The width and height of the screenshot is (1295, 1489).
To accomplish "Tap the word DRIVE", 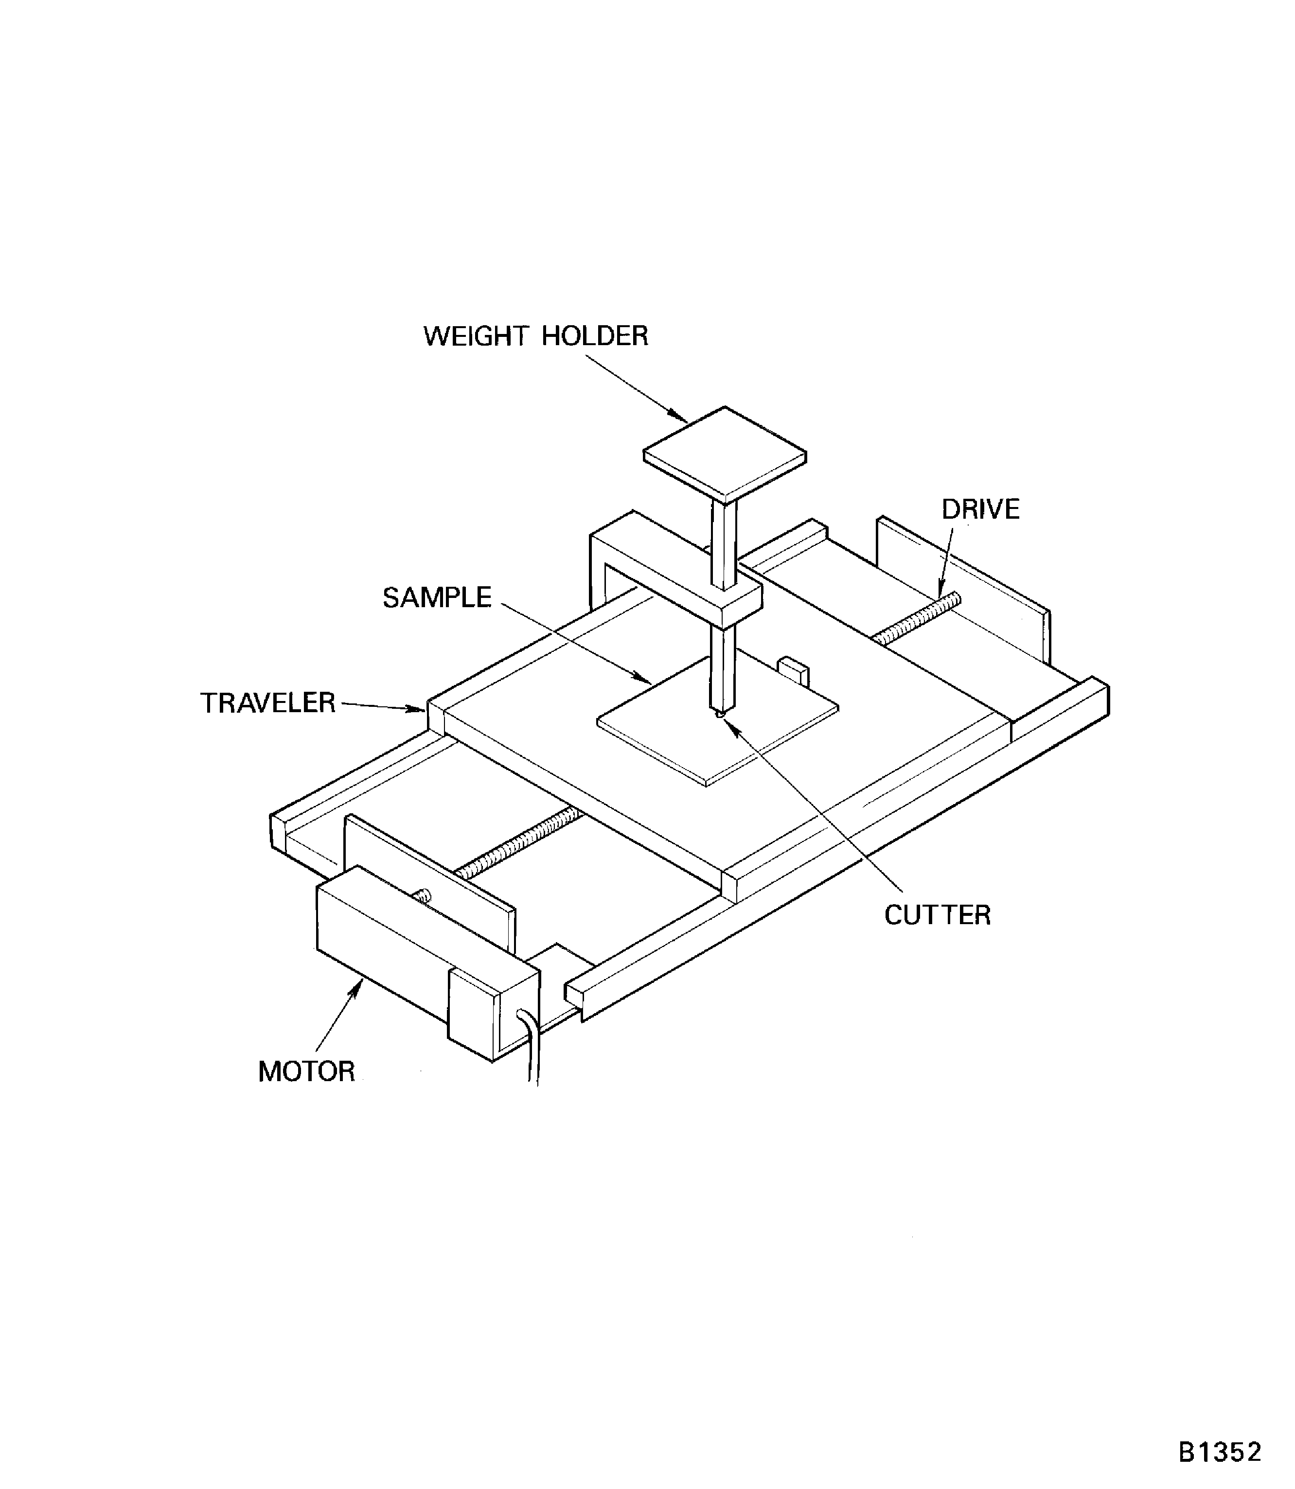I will point(980,509).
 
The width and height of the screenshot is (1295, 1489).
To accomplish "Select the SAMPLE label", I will point(437,597).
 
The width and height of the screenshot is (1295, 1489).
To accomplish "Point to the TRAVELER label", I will point(267,703).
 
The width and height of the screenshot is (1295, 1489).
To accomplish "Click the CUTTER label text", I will point(937,915).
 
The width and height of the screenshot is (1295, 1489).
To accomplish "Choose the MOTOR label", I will point(306,1071).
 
